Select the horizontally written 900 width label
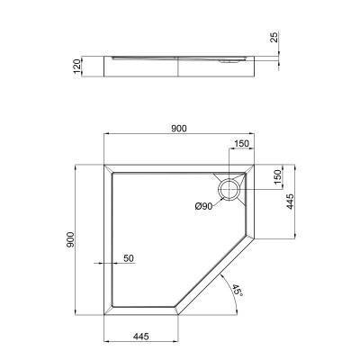pos(178,129)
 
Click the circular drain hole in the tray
pos(229,189)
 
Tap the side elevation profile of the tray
pos(180,64)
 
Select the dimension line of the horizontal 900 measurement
pos(180,137)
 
